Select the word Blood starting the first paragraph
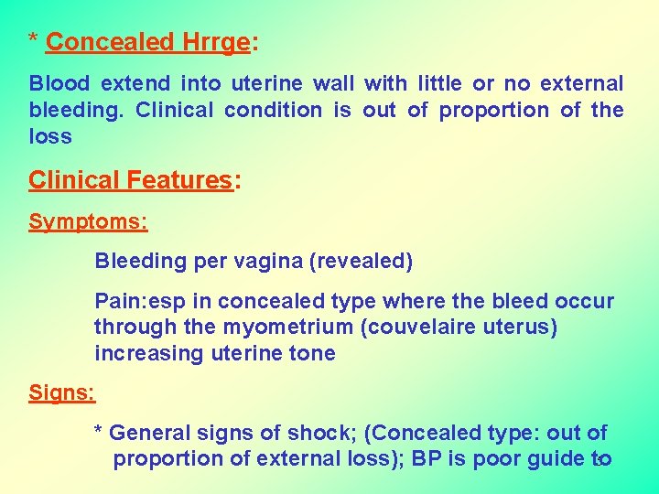point(59,84)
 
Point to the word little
point(439,84)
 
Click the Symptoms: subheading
point(88,222)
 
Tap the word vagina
point(272,262)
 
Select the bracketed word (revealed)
point(362,262)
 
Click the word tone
point(314,354)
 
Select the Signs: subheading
point(62,393)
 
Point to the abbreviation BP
point(427,459)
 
